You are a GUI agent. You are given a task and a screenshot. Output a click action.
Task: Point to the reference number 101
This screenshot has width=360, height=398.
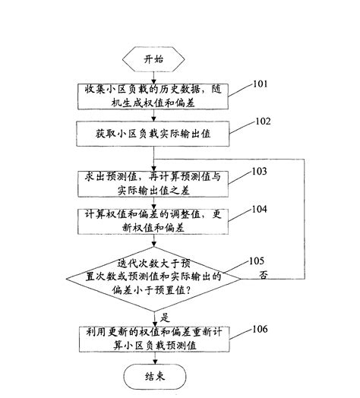coord(261,83)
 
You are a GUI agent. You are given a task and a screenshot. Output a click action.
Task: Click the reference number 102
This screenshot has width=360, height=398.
coord(262,120)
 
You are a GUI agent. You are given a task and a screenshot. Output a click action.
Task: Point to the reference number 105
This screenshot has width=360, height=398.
coord(257,261)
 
